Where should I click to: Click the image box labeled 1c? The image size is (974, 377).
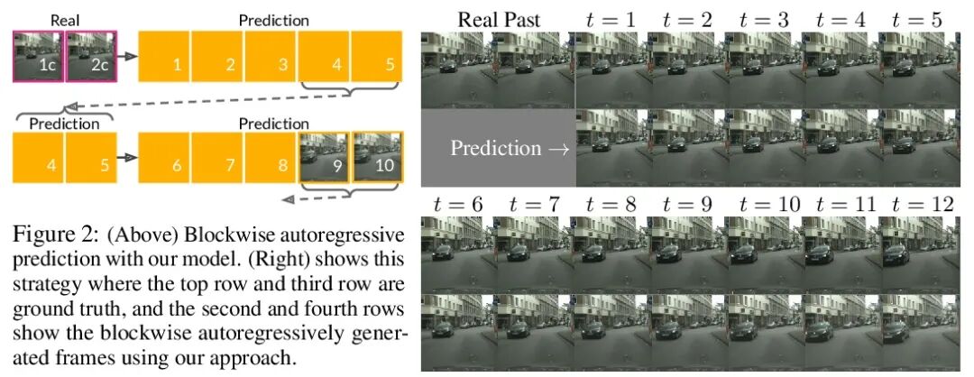tap(38, 56)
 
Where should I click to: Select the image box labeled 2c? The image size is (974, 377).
tap(90, 56)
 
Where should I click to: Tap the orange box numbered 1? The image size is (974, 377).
tap(164, 56)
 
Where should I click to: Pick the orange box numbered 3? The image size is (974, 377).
tap(270, 56)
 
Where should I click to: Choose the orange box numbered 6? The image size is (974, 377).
tap(164, 158)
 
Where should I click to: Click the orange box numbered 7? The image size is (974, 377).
tap(216, 158)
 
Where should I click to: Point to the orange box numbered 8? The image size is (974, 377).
tap(270, 158)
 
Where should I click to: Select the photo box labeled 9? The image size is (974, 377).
tap(323, 158)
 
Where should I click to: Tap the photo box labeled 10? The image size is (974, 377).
tap(376, 158)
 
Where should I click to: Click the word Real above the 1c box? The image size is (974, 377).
tap(64, 19)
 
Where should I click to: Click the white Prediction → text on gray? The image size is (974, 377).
tap(510, 148)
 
